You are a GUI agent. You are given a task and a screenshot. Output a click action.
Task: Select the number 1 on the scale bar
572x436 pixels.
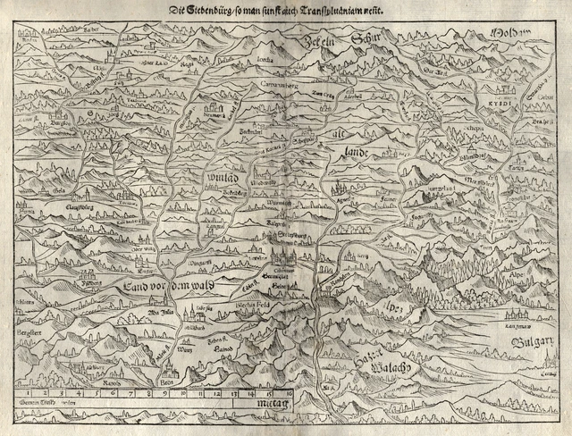pos(29,391)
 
